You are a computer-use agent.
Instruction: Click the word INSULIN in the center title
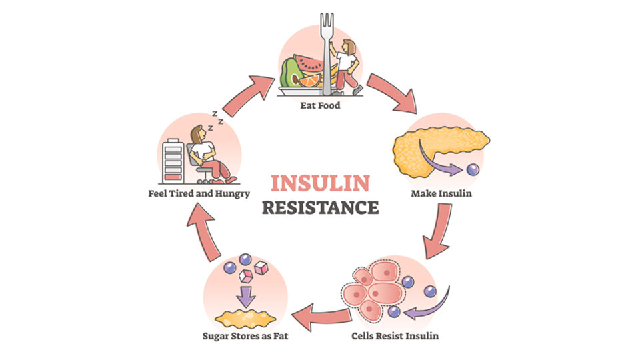(x=319, y=182)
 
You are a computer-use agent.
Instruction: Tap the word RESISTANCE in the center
(x=319, y=207)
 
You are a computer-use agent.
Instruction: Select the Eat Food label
(x=319, y=105)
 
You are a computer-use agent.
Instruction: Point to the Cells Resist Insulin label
(x=395, y=335)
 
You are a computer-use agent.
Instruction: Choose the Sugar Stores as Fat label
(x=245, y=335)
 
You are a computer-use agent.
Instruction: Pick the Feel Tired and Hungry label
(x=199, y=195)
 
